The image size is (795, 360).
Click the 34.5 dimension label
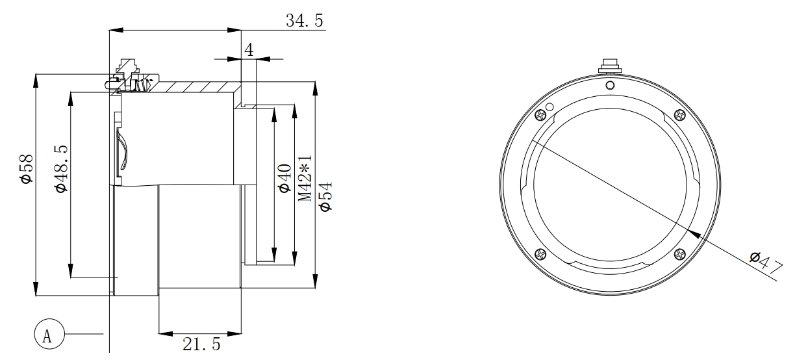click(305, 21)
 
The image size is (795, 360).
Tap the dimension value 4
click(249, 49)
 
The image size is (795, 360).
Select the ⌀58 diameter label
click(27, 169)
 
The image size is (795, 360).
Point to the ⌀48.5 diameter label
click(61, 169)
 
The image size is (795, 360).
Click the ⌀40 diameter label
click(284, 178)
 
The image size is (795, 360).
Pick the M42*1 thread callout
click(305, 178)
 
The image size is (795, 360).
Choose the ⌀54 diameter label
click(325, 197)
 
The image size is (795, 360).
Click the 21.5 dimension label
click(201, 344)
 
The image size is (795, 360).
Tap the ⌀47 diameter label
click(766, 263)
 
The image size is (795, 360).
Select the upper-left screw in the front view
click(540, 115)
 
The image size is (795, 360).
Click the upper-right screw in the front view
click(679, 115)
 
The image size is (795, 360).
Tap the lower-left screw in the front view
click(540, 254)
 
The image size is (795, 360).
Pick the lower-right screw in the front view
click(679, 254)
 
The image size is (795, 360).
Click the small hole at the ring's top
click(610, 85)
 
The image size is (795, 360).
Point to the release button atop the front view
click(610, 66)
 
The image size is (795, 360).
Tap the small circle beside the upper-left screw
click(549, 107)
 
